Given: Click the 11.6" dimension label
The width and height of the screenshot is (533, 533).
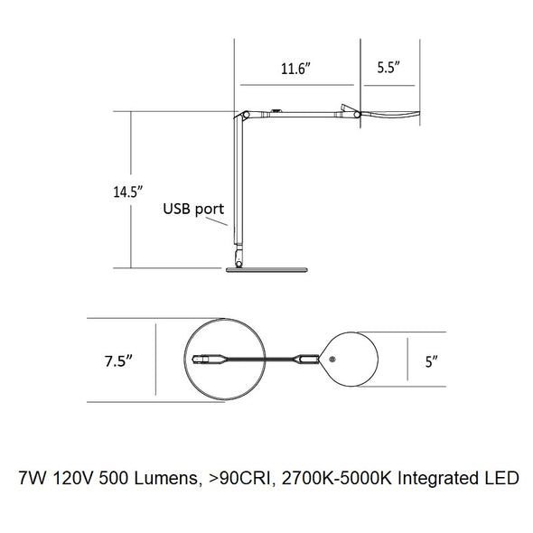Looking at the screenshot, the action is coord(295,69).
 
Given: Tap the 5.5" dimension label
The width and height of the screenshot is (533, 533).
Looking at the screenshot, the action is coord(388,68).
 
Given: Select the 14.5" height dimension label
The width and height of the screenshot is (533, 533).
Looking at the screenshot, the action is coord(127,192).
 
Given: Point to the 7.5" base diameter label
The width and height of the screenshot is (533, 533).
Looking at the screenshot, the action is coord(118,360).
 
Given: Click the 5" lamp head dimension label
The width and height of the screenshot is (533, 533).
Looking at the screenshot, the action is coord(431,361).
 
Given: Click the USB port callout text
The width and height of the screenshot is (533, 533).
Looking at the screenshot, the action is coord(193,209).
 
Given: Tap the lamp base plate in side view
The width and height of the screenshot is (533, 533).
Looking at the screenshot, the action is coord(266,270).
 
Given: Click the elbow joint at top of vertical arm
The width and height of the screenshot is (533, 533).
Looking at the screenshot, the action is coord(246,115).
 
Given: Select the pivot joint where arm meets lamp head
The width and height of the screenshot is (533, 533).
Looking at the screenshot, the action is coord(357,115).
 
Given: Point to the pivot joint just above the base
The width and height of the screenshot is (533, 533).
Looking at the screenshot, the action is coord(239,264).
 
